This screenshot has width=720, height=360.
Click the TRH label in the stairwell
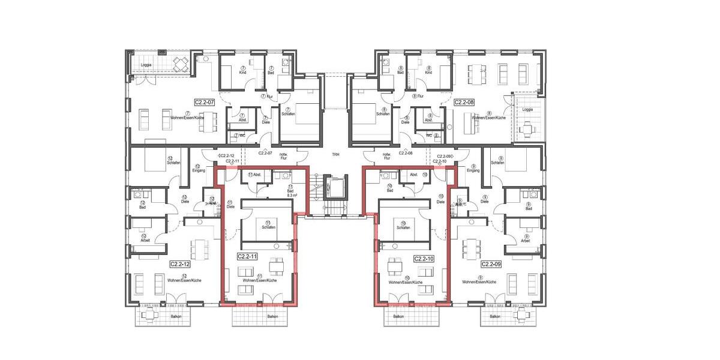coord(335,155)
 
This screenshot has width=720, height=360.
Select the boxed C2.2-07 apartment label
coord(204,103)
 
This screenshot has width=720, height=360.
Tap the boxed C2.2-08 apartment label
coord(464,103)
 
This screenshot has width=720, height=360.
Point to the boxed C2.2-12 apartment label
coord(180,263)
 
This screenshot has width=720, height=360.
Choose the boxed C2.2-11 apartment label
coord(247,256)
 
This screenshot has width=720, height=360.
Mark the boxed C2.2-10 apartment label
coord(424,259)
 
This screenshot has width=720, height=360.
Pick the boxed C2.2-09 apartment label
coord(491,263)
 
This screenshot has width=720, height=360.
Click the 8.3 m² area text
coord(293,196)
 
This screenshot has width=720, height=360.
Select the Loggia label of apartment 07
coord(146,65)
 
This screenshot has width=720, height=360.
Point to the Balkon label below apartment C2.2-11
coord(273,317)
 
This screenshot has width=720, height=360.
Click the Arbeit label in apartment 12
coord(145,241)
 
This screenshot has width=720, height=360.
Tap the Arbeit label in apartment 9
coord(526,241)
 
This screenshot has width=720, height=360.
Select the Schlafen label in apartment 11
coord(268,228)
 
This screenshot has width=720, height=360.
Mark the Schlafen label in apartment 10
coord(403,228)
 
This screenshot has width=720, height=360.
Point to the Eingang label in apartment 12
coord(199,170)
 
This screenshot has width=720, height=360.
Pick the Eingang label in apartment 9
coord(473,170)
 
